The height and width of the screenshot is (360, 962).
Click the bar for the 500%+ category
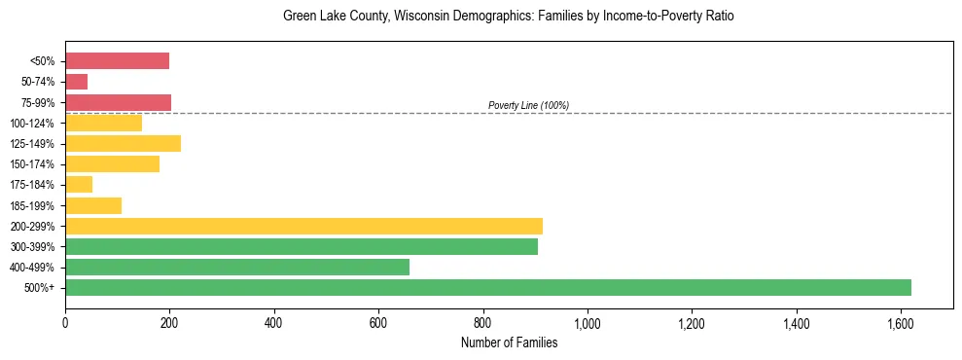487,287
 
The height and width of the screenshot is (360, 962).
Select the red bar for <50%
117,61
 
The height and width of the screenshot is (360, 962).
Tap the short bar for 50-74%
76,82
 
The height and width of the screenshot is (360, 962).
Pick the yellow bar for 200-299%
303,226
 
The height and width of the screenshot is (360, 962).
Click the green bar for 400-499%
237,267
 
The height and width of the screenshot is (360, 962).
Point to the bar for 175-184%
79,185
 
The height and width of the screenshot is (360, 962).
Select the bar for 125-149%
123,144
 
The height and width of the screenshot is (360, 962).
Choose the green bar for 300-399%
302,246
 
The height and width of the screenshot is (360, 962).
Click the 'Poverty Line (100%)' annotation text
528,105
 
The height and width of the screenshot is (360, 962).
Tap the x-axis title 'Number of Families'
509,342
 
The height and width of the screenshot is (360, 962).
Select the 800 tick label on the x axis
482,322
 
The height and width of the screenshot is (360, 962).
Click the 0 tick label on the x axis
65,322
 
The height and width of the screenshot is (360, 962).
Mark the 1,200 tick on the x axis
692,322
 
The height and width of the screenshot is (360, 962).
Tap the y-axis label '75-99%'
38,103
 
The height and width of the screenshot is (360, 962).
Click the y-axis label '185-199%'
34,205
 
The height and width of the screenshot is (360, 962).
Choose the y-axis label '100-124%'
34,124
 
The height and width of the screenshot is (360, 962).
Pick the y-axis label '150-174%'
34,164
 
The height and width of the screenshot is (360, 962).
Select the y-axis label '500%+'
39,288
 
